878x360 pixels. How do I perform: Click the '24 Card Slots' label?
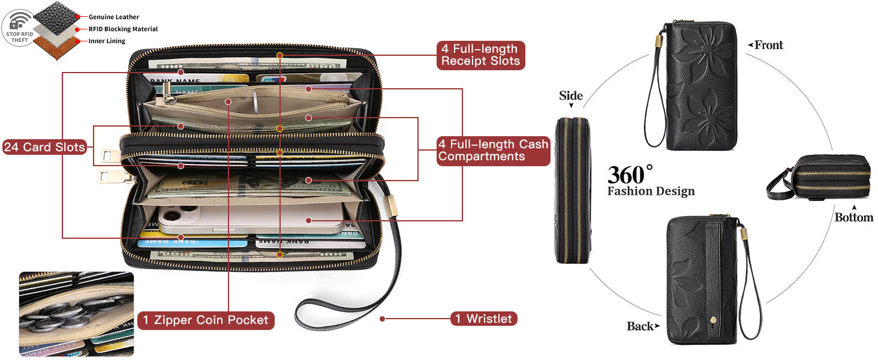coord(44,147)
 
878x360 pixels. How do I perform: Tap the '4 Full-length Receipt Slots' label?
coord(480,55)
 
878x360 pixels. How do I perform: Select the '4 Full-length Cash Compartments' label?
coord(493,151)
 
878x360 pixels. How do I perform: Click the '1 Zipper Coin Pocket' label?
coord(206,320)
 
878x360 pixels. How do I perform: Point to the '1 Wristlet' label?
coord(483,319)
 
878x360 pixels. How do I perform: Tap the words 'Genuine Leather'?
coord(114,17)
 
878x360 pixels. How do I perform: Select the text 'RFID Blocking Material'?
coord(123,29)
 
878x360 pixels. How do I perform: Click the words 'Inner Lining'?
coord(107,41)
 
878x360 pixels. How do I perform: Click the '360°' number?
coord(630,175)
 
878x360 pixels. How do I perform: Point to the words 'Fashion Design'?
coord(651,191)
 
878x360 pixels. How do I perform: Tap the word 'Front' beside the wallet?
coord(768,45)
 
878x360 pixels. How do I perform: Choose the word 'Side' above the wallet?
coord(571,96)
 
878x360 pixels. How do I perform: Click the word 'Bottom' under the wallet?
coord(853,217)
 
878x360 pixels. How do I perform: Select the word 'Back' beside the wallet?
coord(640,326)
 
